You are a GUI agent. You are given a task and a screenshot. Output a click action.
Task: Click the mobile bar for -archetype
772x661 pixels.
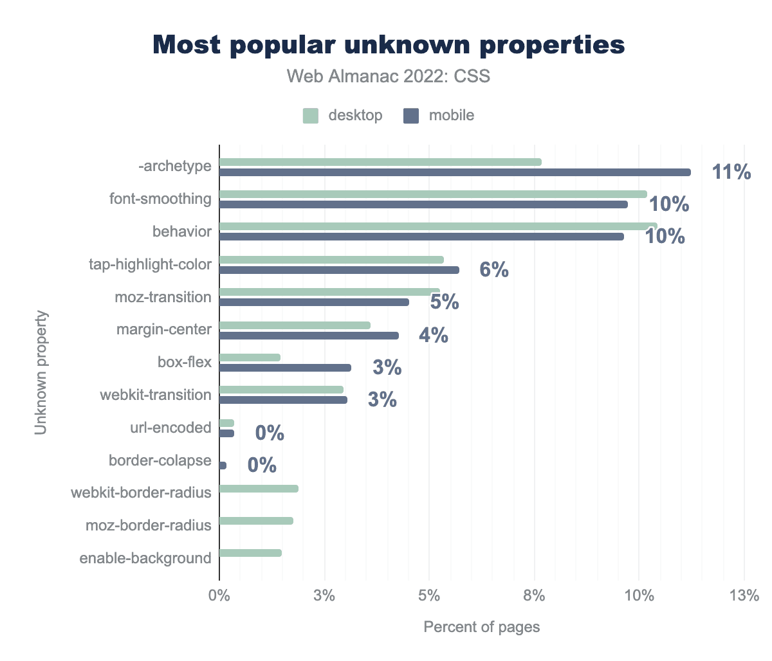454,172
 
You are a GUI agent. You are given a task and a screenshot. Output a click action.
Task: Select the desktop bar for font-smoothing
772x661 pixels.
432,194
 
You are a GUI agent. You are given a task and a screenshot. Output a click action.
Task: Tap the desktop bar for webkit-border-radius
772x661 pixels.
259,489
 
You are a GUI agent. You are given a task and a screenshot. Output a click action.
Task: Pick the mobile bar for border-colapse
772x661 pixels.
223,466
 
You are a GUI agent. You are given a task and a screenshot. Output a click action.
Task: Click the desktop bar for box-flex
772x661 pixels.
250,358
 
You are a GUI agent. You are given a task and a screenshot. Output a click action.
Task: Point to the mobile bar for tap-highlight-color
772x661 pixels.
339,270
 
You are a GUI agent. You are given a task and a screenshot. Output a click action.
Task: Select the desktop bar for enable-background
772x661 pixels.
250,553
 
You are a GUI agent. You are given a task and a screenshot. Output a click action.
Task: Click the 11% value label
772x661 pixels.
731,172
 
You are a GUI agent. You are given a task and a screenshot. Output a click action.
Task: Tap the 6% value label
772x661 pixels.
494,270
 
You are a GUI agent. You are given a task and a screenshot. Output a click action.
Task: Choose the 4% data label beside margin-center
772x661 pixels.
434,336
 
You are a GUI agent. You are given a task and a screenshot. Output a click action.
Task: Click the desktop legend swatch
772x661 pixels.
311,116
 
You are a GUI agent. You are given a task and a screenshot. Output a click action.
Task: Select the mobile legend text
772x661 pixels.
452,116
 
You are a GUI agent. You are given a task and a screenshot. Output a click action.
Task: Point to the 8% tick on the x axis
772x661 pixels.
534,595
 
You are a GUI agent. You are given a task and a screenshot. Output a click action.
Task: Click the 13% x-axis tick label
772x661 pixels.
744,595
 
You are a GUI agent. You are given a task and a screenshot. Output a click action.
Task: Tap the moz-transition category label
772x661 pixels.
163,297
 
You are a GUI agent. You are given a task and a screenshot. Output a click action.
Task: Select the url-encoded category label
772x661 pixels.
170,428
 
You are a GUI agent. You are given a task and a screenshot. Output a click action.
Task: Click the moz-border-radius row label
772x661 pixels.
148,526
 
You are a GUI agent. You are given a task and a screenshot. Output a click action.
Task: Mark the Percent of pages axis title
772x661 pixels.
481,627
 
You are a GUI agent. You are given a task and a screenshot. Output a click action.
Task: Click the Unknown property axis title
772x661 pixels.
41,373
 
